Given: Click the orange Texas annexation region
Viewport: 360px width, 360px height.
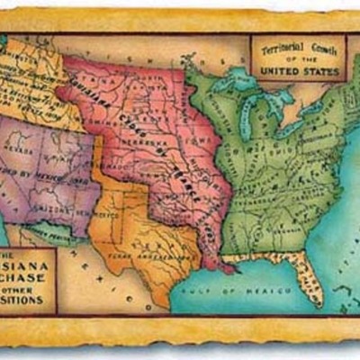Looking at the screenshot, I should click(x=144, y=225).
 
